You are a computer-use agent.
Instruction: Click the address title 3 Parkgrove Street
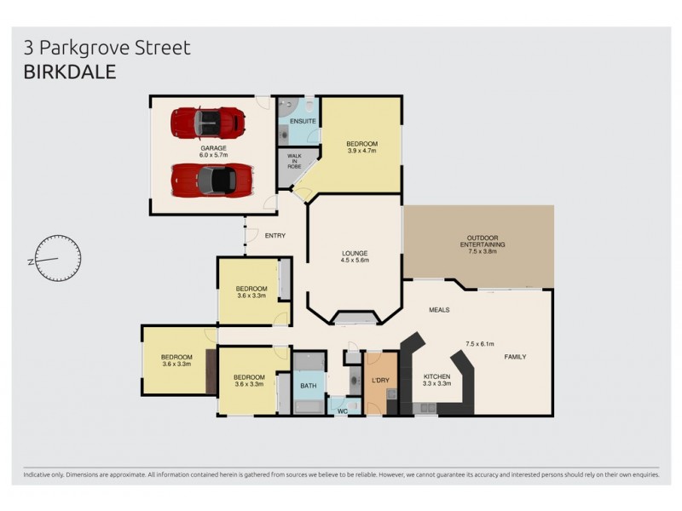point(107,49)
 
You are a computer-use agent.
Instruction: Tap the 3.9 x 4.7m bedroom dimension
point(361,151)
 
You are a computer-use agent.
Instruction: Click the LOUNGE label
point(354,253)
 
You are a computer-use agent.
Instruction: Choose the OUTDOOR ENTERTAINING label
point(482,241)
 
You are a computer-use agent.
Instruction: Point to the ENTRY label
point(275,236)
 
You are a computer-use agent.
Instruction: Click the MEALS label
point(439,310)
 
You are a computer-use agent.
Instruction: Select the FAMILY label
point(516,356)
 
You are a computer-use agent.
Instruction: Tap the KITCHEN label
point(436,376)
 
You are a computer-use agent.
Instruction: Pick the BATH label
point(307,386)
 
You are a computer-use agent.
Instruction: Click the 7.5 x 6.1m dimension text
point(482,344)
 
